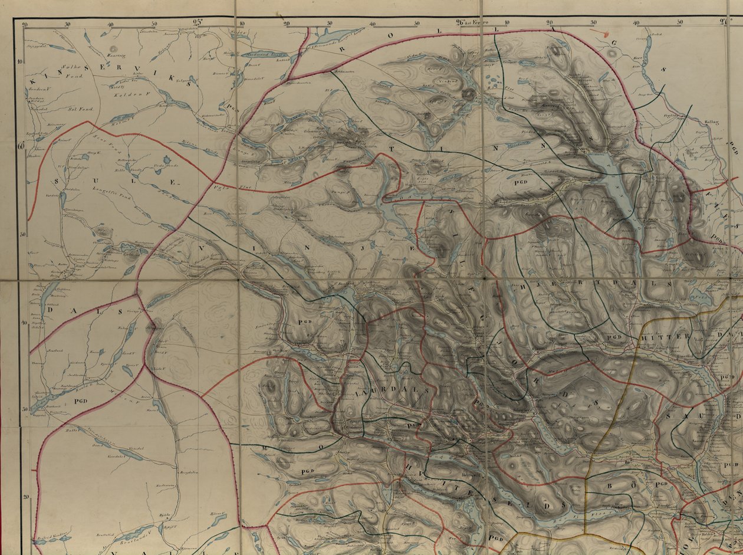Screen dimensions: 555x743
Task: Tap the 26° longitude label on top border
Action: coord(461,23)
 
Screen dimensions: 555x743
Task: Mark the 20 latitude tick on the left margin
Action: coord(25,497)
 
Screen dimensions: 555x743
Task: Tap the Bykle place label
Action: coord(165,515)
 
